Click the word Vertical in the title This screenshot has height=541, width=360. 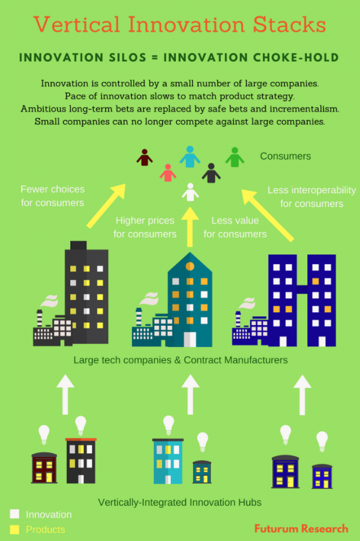click(x=77, y=25)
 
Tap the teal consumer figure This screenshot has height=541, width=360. click(x=190, y=157)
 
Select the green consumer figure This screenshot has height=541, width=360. click(x=235, y=157)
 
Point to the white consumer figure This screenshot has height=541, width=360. click(x=190, y=192)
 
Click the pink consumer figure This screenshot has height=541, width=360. click(x=168, y=173)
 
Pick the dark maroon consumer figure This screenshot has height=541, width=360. click(x=144, y=157)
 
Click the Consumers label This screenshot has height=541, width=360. click(x=286, y=157)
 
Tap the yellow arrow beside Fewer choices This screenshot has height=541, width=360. click(x=106, y=206)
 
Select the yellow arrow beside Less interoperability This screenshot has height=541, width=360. click(x=268, y=215)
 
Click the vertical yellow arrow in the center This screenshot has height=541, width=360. click(x=190, y=227)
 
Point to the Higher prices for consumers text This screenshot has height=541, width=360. click(x=145, y=227)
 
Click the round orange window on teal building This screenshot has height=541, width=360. click(x=190, y=266)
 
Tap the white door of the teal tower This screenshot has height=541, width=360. click(x=190, y=339)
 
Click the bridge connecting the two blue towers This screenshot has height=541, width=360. click(x=302, y=290)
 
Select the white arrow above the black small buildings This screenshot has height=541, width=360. click(x=65, y=395)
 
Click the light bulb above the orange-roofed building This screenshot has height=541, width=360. click(x=81, y=425)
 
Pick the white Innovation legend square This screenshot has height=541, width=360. click(x=14, y=514)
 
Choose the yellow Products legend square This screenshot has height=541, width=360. click(x=14, y=529)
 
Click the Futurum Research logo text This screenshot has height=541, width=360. click(x=301, y=528)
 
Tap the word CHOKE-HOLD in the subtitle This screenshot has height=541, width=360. click(x=296, y=57)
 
